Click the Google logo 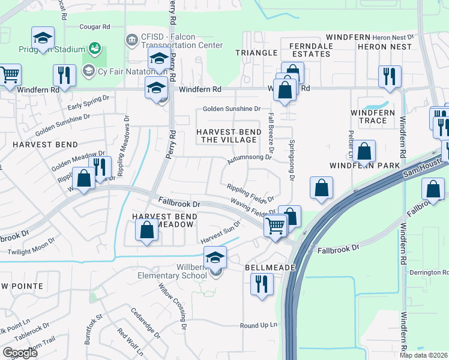coord(20,353)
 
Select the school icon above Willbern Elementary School coord(215,257)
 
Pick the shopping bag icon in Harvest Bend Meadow coord(147,230)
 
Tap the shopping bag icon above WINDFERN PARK coord(364,152)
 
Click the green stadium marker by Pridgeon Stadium coord(94,47)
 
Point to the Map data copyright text coord(424,355)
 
